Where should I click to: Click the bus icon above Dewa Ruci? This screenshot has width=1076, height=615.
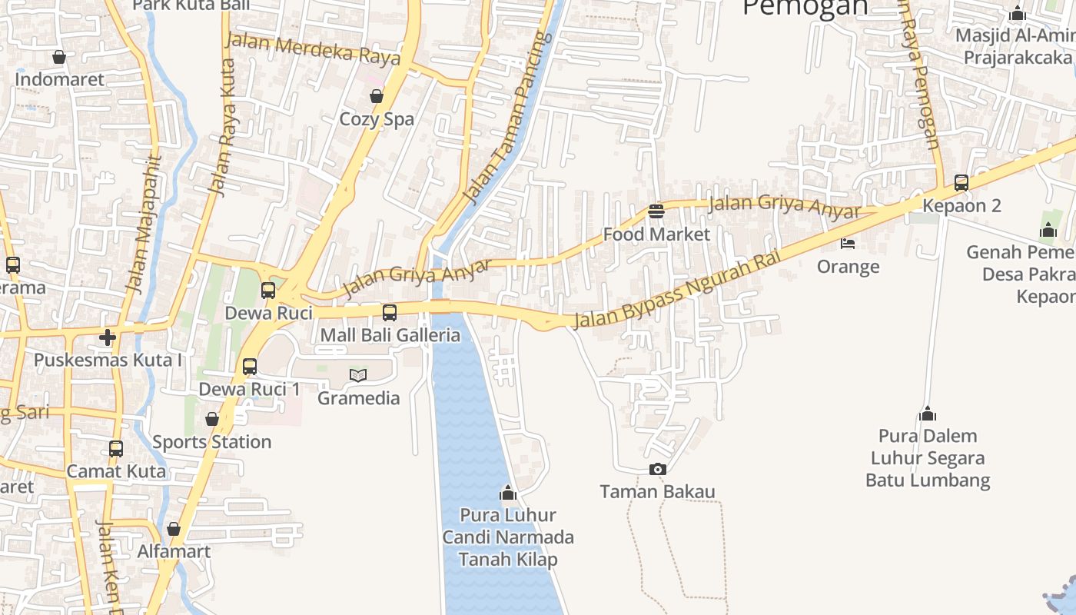coord(268,291)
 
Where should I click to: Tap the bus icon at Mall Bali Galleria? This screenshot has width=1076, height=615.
coord(390,312)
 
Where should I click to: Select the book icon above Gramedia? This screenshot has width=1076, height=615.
coord(358,375)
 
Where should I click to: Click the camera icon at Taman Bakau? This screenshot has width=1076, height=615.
coord(657,469)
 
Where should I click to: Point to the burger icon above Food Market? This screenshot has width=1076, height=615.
coord(656,211)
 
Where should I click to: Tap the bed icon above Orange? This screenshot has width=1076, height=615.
coord(848,244)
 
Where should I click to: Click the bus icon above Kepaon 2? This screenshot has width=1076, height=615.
coord(961,183)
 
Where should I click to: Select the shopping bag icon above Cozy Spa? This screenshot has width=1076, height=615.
coord(377,96)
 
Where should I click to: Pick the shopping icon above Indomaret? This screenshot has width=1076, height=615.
coord(59,56)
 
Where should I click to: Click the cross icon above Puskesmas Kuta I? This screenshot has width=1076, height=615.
coord(108,337)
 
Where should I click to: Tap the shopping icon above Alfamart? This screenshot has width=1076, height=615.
coord(174,529)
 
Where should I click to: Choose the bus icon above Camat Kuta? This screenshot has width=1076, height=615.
coord(116,448)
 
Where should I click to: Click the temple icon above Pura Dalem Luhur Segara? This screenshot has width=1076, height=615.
coord(928,414)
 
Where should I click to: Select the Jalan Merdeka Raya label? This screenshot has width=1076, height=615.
coord(313,48)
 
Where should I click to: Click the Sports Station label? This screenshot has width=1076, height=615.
coord(211,442)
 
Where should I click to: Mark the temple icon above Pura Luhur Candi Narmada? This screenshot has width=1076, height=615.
coord(507,492)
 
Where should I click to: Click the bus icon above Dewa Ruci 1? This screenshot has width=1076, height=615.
coord(250,366)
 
